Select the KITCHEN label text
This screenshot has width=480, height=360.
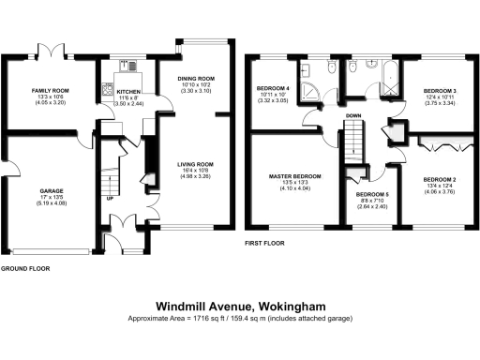point(127,93)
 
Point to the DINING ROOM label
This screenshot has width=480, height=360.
point(197,78)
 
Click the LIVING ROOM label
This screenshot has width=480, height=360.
point(197,165)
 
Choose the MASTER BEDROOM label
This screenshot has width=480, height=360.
point(295,176)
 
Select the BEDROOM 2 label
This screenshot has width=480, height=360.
point(439,178)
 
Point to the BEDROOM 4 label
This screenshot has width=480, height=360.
point(274,89)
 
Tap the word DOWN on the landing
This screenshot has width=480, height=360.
point(353,116)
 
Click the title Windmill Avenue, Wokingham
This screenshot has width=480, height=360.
point(239,305)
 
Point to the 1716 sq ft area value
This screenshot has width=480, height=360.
point(201,320)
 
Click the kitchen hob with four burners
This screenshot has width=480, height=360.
point(129,65)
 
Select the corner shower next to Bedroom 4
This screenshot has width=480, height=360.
point(309,72)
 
